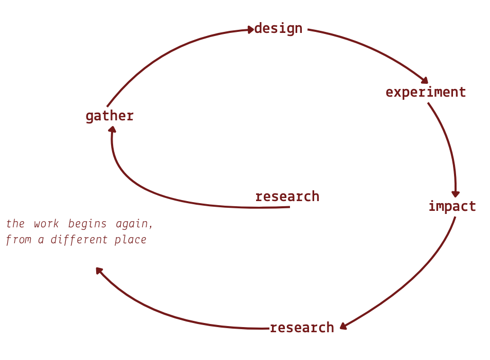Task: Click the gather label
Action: coord(110,116)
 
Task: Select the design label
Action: coord(279,28)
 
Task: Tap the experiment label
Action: coord(426,93)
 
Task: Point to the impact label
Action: coord(452,207)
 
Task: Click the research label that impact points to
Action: coord(302,328)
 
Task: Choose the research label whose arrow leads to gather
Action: coord(287,196)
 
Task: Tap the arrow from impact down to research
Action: coord(415,282)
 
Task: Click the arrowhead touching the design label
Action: coord(250,30)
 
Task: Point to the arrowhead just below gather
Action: coord(112,130)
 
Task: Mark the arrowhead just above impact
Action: coord(456,194)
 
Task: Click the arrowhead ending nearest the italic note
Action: coord(99,271)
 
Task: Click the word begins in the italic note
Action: coord(87,224)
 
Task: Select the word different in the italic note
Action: coord(79,240)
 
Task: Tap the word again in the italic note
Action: coord(134,224)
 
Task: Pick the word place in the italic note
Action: coord(130,240)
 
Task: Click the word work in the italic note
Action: coord(46,224)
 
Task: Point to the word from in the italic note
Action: coord(19,240)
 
